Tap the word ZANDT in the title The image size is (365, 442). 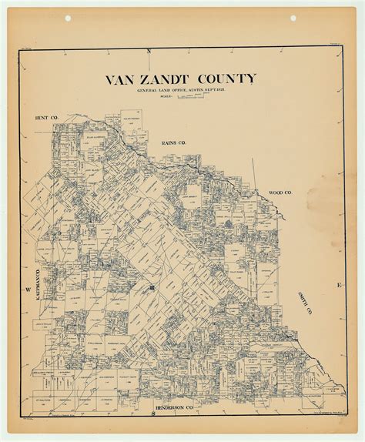[x=172, y=80]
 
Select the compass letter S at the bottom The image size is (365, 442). [x=153, y=414]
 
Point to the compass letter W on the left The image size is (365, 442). [x=25, y=290]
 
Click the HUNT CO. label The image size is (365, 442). [x=47, y=117]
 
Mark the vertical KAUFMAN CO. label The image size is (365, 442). [x=36, y=258]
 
